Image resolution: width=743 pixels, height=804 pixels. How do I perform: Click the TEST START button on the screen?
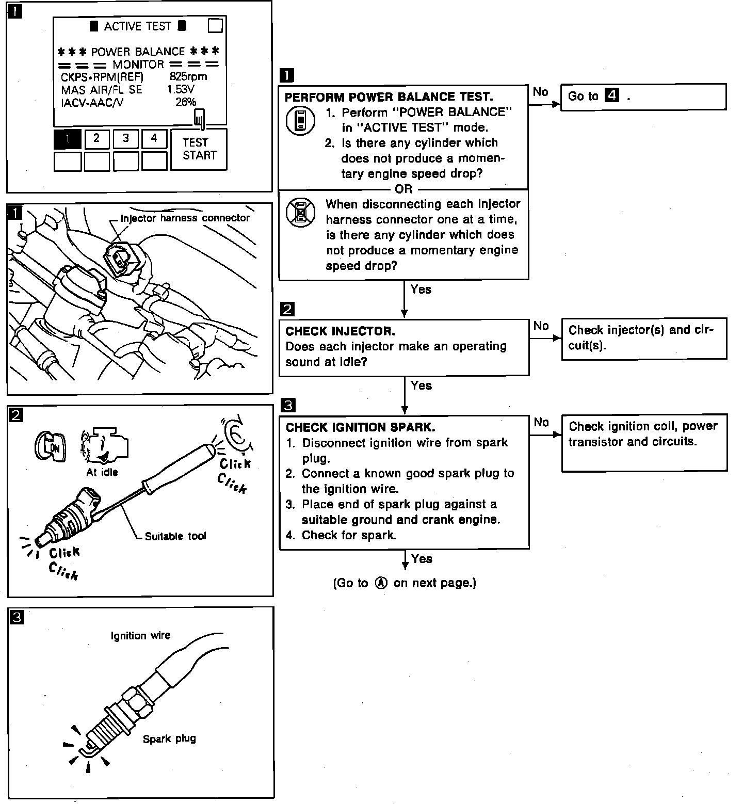199,149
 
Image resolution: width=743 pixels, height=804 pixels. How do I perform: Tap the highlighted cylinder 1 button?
67,139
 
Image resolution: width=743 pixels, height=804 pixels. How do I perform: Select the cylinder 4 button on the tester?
154,139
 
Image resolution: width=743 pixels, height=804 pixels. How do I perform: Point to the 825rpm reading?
188,77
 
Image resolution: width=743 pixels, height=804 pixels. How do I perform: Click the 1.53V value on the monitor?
181,89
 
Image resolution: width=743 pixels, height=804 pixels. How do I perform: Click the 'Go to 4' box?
643,97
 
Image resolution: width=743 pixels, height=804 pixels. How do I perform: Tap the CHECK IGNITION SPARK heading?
360,427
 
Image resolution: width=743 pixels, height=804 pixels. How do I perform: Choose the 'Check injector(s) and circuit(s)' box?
643,338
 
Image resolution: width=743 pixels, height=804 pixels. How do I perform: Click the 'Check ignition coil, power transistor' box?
643,434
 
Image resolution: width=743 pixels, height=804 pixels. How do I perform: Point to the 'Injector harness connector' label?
185,218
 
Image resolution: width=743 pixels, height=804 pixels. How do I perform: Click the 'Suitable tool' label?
175,536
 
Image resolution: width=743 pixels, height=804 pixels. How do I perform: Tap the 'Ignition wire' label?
140,636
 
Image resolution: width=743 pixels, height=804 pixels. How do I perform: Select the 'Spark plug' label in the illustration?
169,739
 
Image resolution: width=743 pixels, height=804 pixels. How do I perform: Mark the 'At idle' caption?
102,472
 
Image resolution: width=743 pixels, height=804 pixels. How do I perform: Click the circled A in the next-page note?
381,583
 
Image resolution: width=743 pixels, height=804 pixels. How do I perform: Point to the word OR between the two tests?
403,189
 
